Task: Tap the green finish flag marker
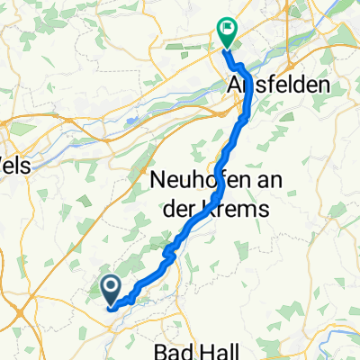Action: [225, 33]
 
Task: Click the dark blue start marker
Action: [111, 290]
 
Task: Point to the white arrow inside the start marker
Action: [111, 288]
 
